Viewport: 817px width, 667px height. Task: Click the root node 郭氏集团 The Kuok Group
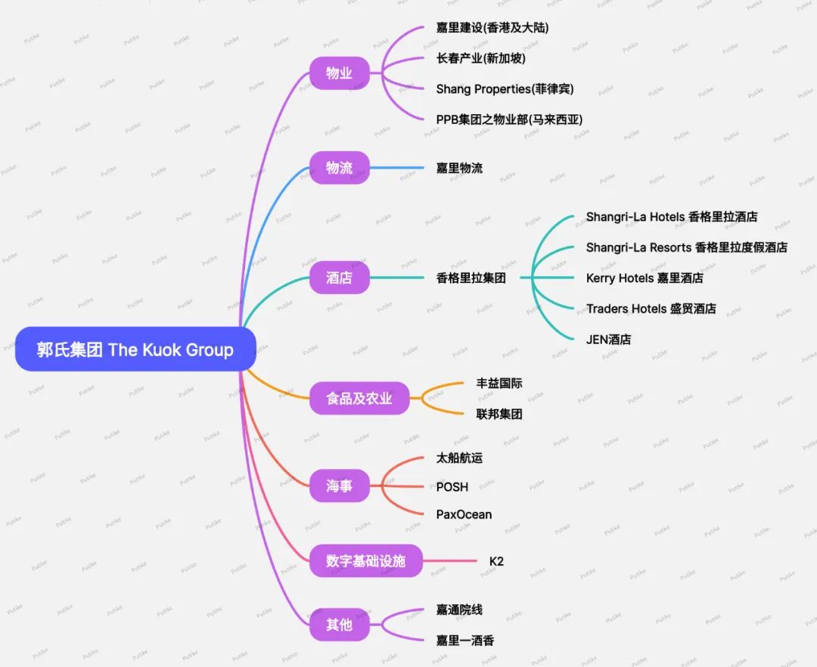[135, 349]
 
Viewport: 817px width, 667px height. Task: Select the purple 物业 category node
[339, 73]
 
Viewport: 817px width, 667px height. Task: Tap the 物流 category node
[339, 168]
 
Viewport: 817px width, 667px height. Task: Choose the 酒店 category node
[339, 278]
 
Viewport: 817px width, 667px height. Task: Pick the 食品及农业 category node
[359, 398]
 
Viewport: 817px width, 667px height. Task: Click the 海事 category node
[339, 486]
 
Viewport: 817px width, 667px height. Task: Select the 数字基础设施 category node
[365, 561]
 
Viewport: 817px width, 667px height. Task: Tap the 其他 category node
[339, 625]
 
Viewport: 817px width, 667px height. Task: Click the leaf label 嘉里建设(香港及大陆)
[492, 28]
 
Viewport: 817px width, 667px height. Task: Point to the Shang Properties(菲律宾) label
[505, 89]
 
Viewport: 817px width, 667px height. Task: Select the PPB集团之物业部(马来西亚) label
[509, 119]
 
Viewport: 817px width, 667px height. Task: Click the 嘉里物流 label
[459, 168]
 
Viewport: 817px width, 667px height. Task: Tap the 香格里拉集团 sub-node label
[471, 278]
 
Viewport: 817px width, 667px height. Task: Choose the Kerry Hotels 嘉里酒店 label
[645, 278]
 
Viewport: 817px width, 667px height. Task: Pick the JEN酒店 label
[608, 340]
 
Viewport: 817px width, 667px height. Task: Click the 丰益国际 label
[499, 383]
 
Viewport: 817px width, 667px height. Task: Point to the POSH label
[452, 486]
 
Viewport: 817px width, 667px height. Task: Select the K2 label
[496, 561]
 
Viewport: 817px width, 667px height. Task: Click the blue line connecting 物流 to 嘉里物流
[396, 168]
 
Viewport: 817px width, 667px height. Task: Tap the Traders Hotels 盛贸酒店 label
[651, 309]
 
